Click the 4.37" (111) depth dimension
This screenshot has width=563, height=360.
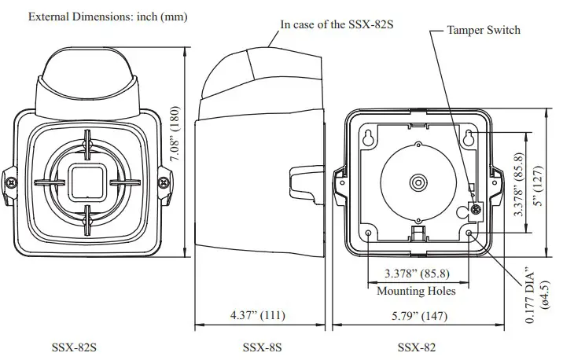point(257,316)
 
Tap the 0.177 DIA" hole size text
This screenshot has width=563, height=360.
point(531,299)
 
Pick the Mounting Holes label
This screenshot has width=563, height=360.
point(417,291)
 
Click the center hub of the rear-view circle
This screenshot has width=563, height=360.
point(416,182)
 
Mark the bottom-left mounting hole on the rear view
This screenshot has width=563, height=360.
point(369,233)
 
